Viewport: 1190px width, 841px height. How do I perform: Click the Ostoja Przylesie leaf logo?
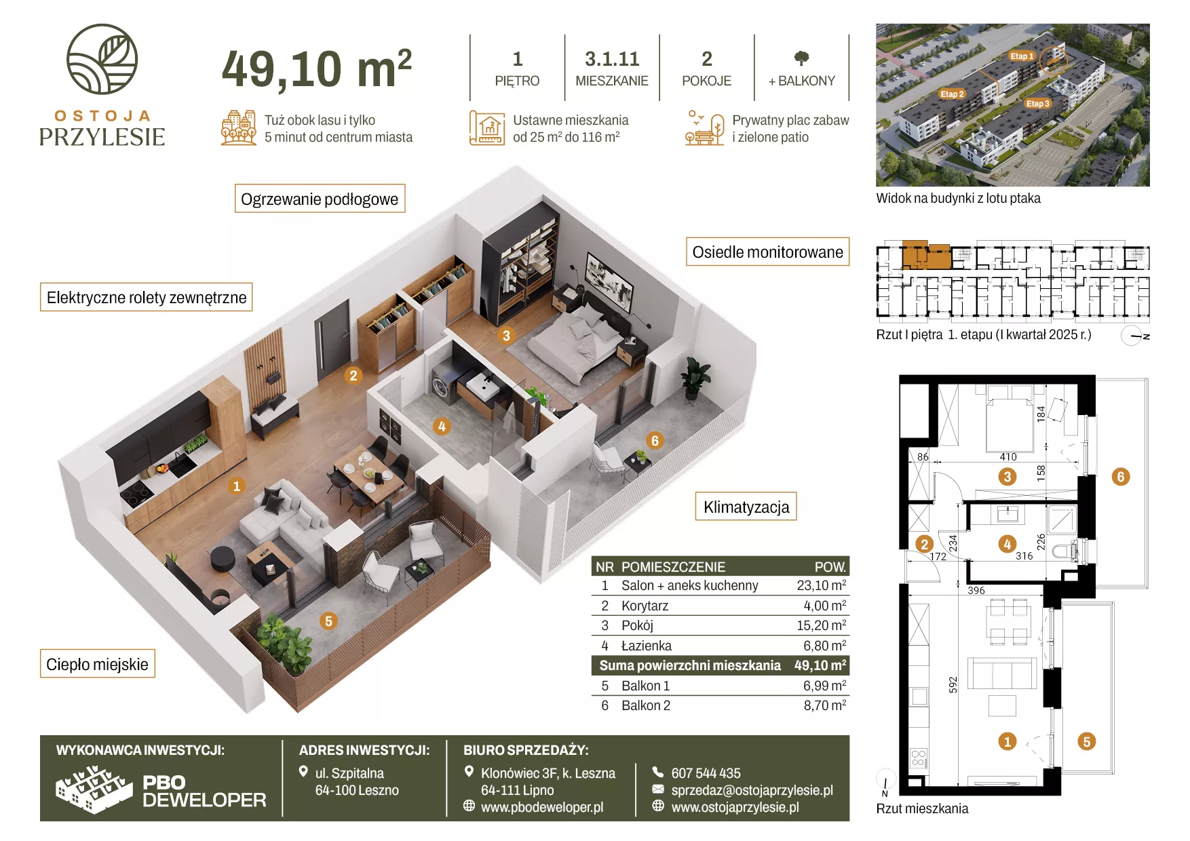(x=102, y=59)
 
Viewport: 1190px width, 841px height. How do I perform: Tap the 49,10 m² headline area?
(x=317, y=69)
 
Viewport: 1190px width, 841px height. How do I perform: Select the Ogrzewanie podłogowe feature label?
(x=320, y=199)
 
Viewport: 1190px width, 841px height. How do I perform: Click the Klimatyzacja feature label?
(x=746, y=507)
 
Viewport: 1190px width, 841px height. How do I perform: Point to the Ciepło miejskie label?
(x=97, y=663)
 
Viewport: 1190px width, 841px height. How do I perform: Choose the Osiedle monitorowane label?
(x=767, y=252)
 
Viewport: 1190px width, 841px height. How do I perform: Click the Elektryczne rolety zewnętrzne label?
(x=146, y=297)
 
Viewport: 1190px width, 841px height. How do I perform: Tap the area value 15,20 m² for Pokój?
(x=821, y=625)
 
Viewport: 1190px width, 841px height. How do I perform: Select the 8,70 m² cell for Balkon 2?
(x=825, y=705)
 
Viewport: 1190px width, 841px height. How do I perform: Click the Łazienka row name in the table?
(x=646, y=646)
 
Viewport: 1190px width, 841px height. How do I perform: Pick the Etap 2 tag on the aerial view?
(x=952, y=94)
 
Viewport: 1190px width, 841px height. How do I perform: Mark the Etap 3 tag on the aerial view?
(x=1037, y=104)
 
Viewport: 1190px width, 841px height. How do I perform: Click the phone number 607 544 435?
(x=706, y=773)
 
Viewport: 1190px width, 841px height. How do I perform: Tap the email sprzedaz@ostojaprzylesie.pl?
(x=752, y=790)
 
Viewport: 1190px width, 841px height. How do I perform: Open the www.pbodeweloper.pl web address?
(x=541, y=807)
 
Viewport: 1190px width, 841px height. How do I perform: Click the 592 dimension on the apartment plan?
(x=953, y=685)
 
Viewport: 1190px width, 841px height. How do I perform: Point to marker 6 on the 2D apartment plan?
(x=1121, y=477)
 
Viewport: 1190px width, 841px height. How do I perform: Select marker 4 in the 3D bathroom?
(x=442, y=427)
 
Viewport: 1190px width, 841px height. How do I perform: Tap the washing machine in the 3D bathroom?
(x=442, y=385)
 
